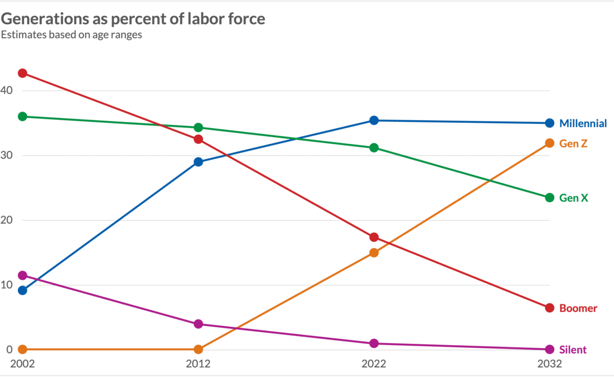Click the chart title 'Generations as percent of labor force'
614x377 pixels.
tap(133, 19)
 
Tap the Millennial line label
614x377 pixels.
tap(583, 123)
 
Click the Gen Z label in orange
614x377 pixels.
tap(573, 143)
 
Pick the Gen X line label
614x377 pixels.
tap(574, 198)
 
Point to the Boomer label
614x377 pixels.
tap(578, 308)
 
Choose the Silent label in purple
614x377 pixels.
tap(573, 350)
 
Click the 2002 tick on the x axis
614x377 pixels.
tap(22, 364)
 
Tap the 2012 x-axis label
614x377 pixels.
tap(198, 364)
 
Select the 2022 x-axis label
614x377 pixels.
tap(374, 364)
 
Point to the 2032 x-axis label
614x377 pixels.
tap(549, 364)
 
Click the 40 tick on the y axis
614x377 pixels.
tap(6, 90)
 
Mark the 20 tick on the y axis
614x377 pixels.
tap(6, 220)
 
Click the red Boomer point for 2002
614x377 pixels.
tap(22, 73)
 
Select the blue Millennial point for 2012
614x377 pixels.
tap(198, 162)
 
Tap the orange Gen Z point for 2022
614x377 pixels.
tap(374, 252)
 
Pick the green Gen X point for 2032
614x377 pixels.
tap(549, 198)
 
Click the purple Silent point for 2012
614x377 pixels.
tap(198, 324)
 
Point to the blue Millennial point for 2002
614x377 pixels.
tap(22, 290)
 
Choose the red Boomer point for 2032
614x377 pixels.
tap(549, 308)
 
